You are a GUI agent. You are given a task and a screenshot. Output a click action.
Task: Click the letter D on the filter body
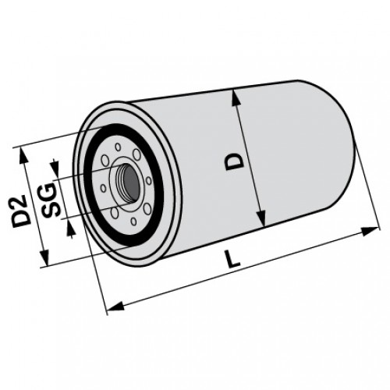click(x=235, y=161)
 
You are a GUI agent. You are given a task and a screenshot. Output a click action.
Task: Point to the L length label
click(x=232, y=258)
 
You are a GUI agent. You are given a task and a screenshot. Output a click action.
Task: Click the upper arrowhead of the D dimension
click(x=236, y=98)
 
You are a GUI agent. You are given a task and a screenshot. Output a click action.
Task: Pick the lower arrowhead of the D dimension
click(x=261, y=218)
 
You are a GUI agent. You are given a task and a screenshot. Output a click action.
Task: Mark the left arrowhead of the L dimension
click(x=115, y=307)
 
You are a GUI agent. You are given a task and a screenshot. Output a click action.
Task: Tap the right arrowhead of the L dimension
click(x=369, y=231)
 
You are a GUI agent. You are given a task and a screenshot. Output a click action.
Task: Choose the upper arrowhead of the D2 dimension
click(x=23, y=156)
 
